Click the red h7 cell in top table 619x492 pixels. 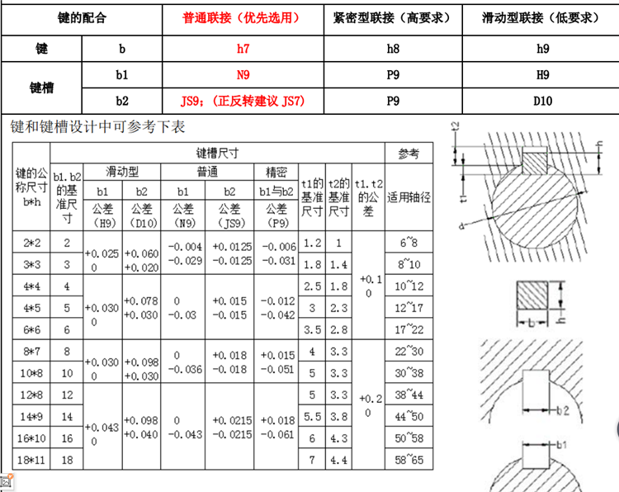tap(243, 49)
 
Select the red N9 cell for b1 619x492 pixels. tap(243, 74)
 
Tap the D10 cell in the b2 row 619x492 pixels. tap(542, 101)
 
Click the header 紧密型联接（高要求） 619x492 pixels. tap(392, 18)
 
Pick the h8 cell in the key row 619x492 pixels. tap(393, 49)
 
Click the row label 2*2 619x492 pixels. tap(31, 243)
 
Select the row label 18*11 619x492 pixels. tap(31, 460)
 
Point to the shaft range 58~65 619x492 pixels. tap(409, 460)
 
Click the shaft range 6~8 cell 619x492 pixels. tap(409, 243)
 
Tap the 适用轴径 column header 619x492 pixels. tap(409, 197)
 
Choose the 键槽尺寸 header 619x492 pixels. tap(218, 153)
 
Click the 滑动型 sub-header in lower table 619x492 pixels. tap(122, 172)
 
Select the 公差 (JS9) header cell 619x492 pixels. tap(229, 215)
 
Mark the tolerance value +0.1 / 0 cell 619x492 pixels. tap(368, 286)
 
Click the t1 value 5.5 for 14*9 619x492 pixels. tap(312, 416)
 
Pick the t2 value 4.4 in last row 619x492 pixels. tap(338, 460)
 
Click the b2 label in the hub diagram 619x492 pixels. tap(563, 410)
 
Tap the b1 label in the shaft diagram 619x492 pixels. tap(562, 445)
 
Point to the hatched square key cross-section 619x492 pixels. tap(532, 296)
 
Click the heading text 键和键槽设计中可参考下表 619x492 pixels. tap(98, 127)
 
